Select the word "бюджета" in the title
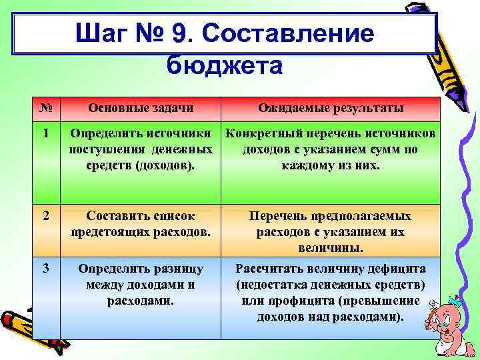click(225, 65)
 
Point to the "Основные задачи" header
click(141, 109)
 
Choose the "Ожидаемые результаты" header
click(331, 109)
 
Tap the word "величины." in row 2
click(331, 248)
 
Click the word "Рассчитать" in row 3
click(269, 269)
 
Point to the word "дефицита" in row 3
click(391, 269)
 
